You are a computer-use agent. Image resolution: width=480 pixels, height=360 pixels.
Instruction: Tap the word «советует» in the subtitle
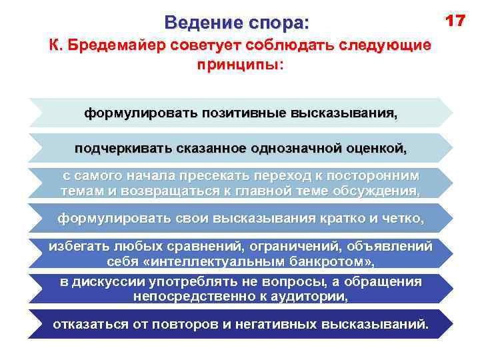tap(203, 47)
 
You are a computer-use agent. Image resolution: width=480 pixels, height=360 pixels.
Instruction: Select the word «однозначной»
tap(297, 148)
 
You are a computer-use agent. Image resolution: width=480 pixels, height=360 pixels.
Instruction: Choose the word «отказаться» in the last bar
tap(89, 325)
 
